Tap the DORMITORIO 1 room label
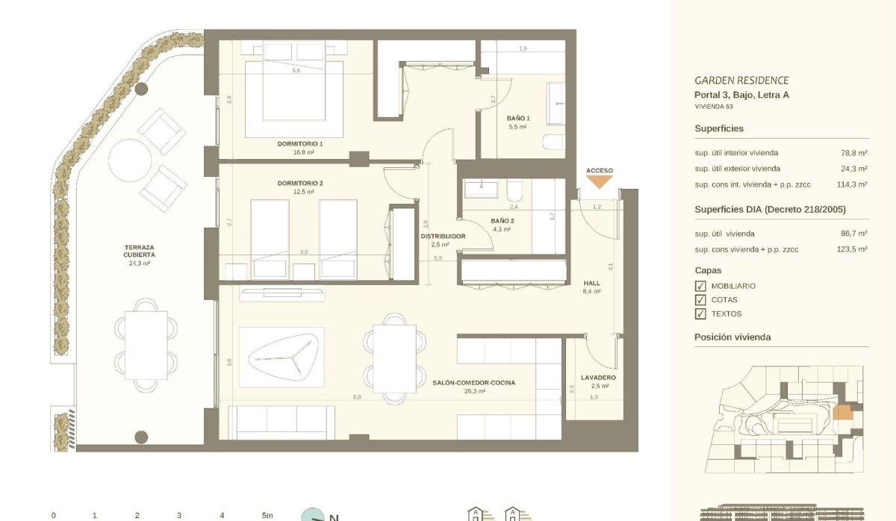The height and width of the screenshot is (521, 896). (x=299, y=143)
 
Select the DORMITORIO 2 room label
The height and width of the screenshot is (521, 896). (x=299, y=183)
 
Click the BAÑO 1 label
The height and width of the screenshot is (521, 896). (x=517, y=119)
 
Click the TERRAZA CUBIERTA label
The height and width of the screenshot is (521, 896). (x=140, y=251)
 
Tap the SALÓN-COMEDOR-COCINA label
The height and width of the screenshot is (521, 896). (x=473, y=382)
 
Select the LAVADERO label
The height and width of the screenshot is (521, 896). (x=598, y=378)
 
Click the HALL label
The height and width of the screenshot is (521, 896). (x=591, y=284)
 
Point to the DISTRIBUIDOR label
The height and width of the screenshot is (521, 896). (x=443, y=236)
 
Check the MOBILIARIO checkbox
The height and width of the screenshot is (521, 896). (x=700, y=286)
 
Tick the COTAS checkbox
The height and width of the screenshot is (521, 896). (x=700, y=300)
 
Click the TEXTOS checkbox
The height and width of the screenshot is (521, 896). (x=700, y=314)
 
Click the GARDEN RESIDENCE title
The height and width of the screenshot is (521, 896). (x=741, y=81)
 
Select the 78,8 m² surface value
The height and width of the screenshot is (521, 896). (x=853, y=153)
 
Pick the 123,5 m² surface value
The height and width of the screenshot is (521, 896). (x=851, y=249)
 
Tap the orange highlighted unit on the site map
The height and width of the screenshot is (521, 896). (x=842, y=412)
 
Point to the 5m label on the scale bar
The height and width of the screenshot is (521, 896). (x=267, y=515)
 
